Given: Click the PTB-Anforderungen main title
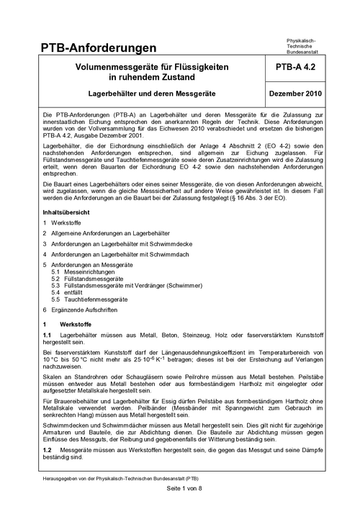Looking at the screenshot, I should [99, 48].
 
